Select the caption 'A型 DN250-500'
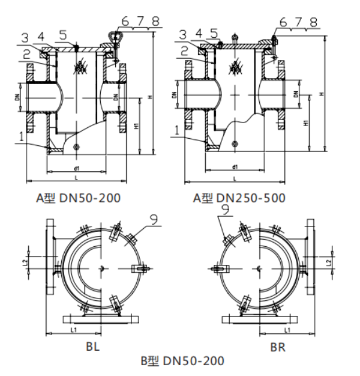click(x=239, y=198)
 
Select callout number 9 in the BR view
click(x=226, y=210)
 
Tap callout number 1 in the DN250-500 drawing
click(x=176, y=129)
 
